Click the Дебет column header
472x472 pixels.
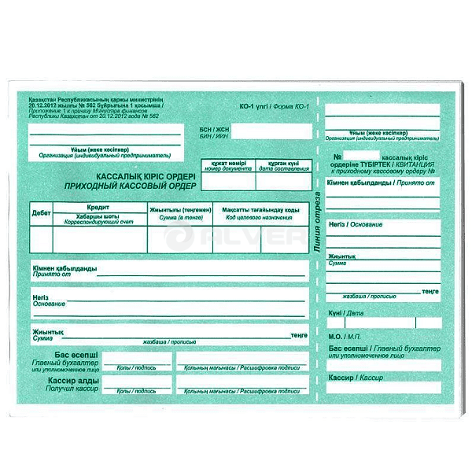click(41, 213)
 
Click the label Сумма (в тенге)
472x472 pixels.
click(179, 216)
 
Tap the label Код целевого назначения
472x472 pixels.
click(260, 216)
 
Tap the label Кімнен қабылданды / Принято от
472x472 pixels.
click(382, 183)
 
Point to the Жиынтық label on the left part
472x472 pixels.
click(47, 332)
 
